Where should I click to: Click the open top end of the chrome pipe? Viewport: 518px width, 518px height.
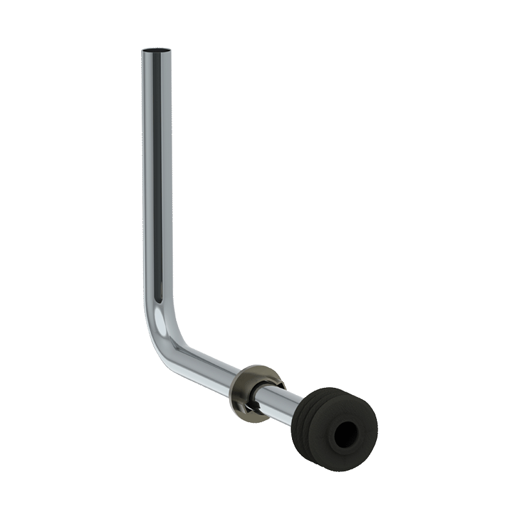pos(157,50)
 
